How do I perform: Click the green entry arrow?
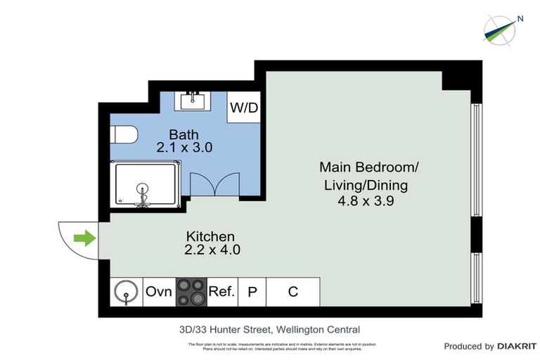tap(84, 239)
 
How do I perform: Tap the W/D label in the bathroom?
tap(243, 109)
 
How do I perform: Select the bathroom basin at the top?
tap(193, 101)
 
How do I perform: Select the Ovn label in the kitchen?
tap(158, 291)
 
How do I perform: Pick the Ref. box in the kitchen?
tap(221, 291)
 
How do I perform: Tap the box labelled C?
tap(293, 291)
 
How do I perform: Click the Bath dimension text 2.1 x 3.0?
tap(184, 148)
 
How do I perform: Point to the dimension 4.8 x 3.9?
tap(368, 201)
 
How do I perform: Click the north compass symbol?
tap(502, 26)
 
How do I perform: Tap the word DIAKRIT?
tap(517, 346)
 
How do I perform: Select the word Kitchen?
tap(210, 236)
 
